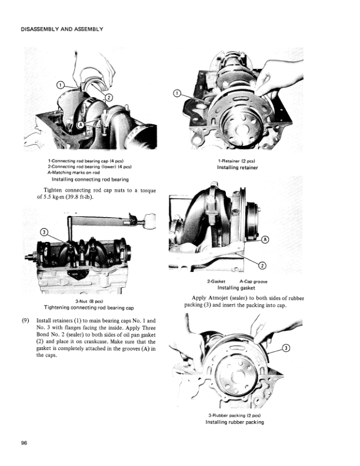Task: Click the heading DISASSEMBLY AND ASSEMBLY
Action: click(x=62, y=29)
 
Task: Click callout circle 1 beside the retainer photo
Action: click(x=177, y=94)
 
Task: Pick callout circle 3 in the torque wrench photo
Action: click(x=42, y=231)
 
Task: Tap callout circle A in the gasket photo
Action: click(x=265, y=239)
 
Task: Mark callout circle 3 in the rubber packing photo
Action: click(x=286, y=348)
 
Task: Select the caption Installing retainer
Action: click(x=238, y=167)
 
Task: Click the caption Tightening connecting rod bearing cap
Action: click(x=89, y=308)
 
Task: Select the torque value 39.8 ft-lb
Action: click(x=74, y=197)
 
